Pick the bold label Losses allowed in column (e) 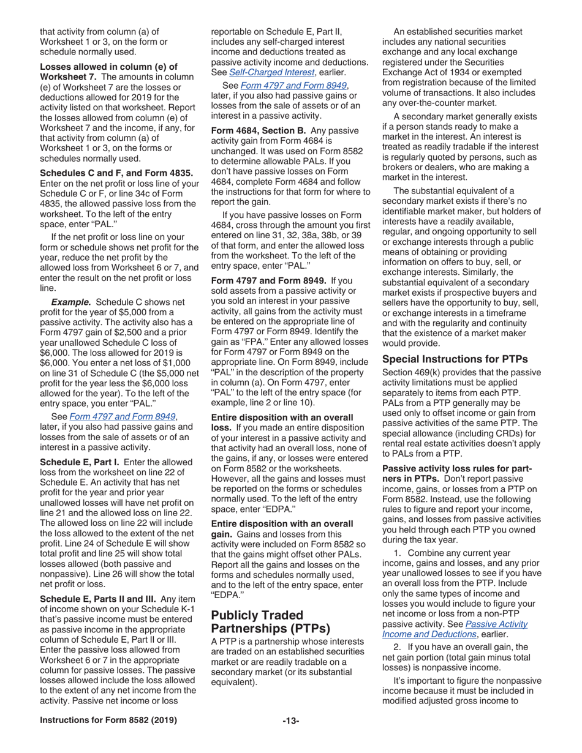point(108,66)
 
